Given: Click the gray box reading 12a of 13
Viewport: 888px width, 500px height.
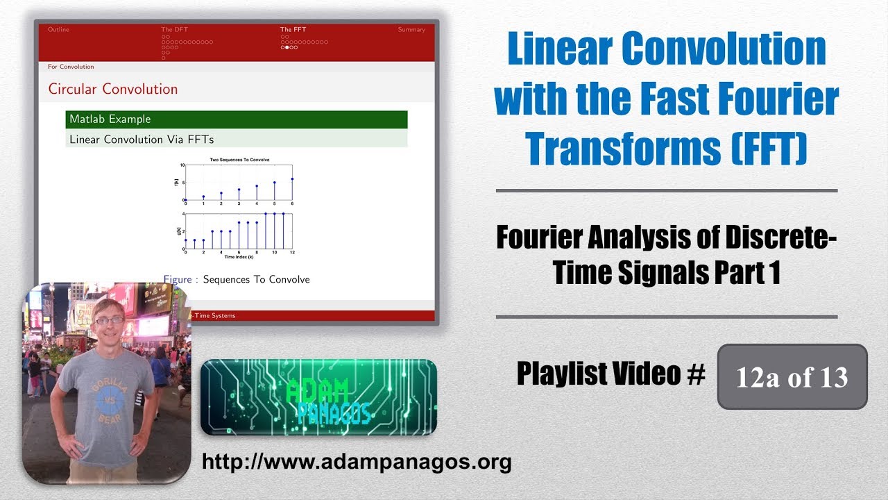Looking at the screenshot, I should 792,377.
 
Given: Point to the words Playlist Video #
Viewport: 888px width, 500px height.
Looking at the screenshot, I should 610,375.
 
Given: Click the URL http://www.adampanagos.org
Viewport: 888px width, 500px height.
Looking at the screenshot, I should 357,462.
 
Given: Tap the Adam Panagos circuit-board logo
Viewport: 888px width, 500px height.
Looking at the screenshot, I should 318,397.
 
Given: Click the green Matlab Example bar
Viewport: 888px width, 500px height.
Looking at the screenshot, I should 237,119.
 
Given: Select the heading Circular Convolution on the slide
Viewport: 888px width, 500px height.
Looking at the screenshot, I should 112,89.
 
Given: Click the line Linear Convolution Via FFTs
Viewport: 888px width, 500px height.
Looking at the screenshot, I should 142,139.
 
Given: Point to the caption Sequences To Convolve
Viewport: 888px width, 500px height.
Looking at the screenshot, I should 256,279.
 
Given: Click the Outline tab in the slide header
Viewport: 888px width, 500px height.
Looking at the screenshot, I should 58,30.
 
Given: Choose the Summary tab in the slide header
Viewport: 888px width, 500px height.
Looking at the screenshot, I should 411,30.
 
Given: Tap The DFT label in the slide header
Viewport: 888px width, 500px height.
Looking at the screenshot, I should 174,30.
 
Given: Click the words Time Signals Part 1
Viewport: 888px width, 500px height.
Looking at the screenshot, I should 667,273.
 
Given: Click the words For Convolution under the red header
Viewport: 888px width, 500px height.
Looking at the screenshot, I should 71,67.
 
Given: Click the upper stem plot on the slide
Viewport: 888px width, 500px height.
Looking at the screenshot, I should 238,182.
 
